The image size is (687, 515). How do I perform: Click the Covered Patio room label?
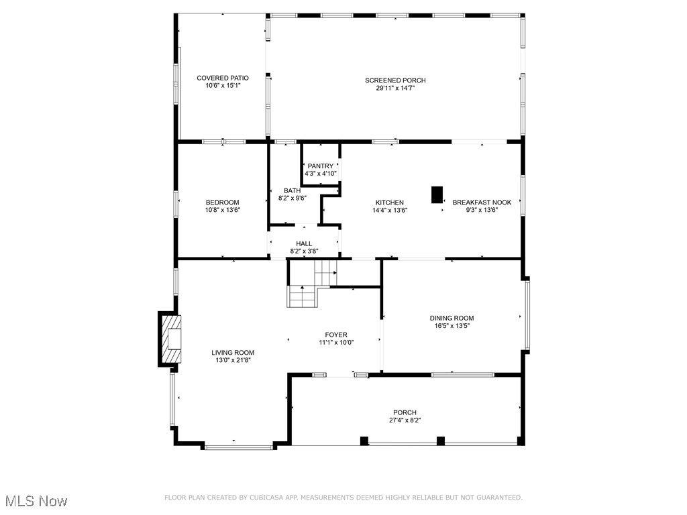click(222, 78)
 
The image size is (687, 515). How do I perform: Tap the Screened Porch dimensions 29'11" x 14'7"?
click(395, 89)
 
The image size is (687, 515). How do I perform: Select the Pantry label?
click(320, 166)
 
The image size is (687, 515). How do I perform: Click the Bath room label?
click(292, 190)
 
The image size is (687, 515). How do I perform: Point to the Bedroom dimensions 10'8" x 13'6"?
click(222, 210)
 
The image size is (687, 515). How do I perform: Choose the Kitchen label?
click(389, 203)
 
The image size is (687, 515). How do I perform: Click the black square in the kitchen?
click(437, 194)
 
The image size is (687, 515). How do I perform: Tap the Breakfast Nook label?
click(482, 203)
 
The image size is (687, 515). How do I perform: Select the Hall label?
click(304, 243)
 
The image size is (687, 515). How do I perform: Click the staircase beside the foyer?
click(310, 285)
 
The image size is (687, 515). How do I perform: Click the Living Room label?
click(233, 353)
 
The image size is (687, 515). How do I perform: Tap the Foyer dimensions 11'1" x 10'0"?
click(336, 342)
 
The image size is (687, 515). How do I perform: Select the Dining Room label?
click(452, 319)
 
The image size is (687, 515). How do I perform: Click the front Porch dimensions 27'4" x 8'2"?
click(405, 420)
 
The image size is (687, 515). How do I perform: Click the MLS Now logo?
click(36, 501)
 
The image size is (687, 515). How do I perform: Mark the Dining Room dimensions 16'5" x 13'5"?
click(452, 327)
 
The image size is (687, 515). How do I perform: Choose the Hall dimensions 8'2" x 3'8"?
click(304, 251)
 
